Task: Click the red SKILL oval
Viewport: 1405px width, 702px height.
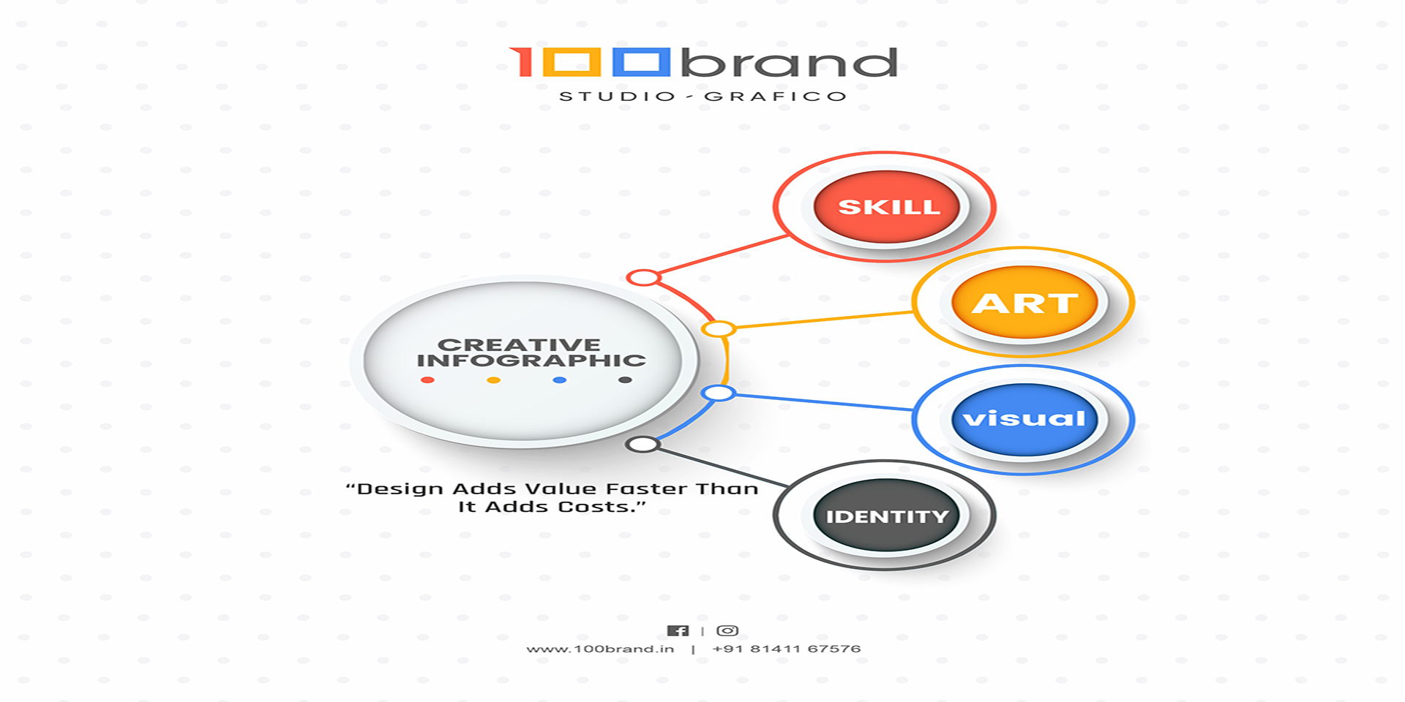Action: [887, 207]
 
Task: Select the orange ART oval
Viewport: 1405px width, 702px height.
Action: [1024, 302]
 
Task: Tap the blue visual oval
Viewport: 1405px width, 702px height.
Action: [1024, 420]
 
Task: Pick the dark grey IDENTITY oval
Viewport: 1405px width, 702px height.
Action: [887, 516]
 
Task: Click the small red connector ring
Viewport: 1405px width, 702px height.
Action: [643, 278]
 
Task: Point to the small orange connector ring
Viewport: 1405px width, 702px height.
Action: [719, 329]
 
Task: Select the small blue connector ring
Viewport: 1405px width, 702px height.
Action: [719, 393]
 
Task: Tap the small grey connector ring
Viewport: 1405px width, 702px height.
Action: [643, 444]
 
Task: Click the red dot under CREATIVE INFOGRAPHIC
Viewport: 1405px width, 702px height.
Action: [427, 380]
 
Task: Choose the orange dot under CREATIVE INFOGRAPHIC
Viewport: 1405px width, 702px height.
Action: [494, 380]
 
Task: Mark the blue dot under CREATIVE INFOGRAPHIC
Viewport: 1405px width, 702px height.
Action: [560, 380]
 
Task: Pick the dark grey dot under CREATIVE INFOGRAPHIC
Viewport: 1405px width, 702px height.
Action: [625, 380]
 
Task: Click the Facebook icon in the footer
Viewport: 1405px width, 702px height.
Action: [678, 630]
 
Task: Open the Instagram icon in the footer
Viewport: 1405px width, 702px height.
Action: [727, 630]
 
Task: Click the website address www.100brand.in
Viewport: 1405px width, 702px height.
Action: [600, 649]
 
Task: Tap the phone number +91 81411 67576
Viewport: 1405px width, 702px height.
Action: [787, 649]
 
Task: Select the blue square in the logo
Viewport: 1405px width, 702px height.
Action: [642, 62]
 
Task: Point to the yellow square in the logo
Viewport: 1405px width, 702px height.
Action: [572, 62]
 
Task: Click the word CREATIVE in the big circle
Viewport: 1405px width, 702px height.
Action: [519, 344]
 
